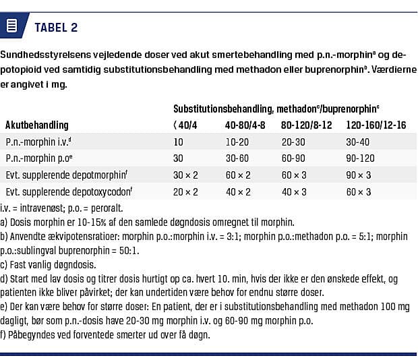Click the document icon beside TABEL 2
click(11, 27)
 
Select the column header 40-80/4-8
click(245, 125)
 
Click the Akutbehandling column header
click(37, 125)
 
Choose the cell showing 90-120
click(361, 158)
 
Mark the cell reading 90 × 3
click(359, 175)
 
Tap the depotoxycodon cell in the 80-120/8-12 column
click(294, 191)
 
